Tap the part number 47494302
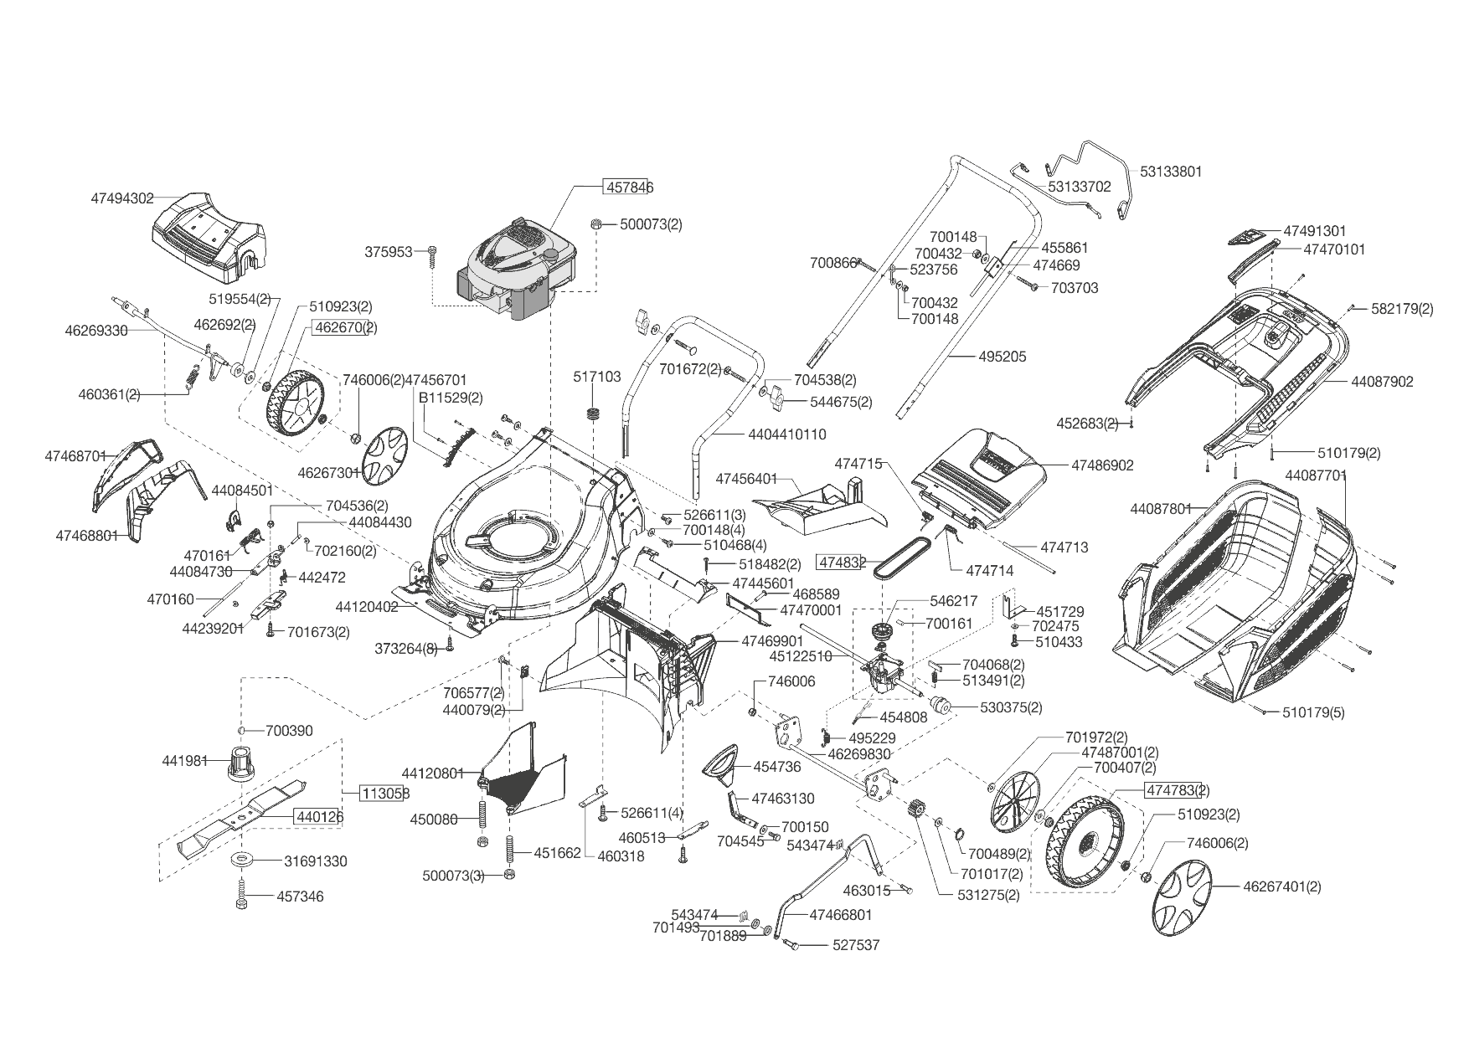click(122, 198)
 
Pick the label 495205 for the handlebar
click(1003, 357)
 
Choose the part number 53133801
click(1171, 172)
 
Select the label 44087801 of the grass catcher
click(1160, 509)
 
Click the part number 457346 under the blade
click(300, 897)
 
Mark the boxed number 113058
click(385, 793)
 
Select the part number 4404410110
click(786, 434)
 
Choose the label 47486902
click(1102, 465)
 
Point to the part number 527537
click(856, 945)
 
